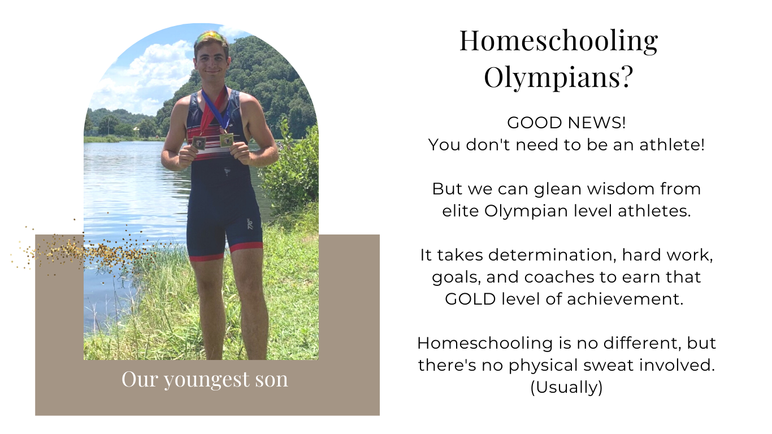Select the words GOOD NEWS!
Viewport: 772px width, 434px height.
tap(566, 123)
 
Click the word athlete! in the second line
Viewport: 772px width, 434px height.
tap(672, 145)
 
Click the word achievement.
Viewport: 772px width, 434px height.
tap(625, 299)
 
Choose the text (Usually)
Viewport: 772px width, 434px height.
tap(567, 388)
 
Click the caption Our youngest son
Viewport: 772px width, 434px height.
tap(205, 380)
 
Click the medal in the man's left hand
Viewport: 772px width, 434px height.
tap(227, 140)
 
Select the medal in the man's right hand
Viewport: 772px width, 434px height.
tap(199, 142)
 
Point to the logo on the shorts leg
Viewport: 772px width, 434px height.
tap(250, 224)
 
